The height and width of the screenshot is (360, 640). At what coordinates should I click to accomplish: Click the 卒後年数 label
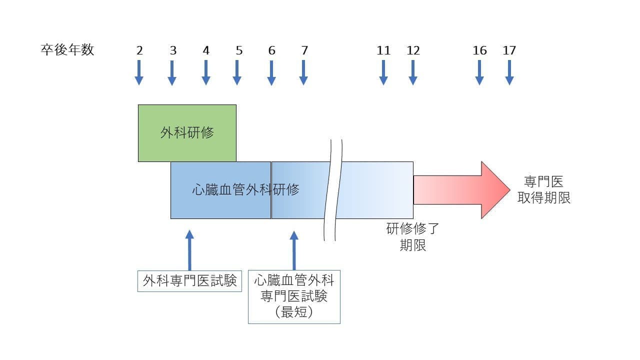67,50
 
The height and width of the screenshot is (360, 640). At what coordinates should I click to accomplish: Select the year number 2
139,50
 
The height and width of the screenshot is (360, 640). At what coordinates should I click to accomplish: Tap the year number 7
304,50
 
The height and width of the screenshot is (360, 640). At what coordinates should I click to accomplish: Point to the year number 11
383,50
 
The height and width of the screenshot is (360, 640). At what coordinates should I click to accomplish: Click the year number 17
509,50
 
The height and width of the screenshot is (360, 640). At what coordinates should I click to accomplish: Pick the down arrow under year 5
237,72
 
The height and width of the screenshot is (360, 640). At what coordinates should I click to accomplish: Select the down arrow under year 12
413,72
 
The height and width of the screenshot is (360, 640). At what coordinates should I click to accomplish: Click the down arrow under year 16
479,72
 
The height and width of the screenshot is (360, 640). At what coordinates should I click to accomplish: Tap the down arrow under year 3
172,72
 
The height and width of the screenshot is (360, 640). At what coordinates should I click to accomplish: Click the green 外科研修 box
187,133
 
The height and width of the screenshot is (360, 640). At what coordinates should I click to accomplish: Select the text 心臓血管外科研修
245,190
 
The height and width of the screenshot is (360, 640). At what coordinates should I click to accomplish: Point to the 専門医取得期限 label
543,190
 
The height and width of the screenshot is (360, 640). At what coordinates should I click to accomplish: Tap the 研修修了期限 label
412,237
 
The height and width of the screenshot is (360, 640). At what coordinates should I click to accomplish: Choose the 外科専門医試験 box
189,281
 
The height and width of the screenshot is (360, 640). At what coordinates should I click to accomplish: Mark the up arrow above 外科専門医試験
189,250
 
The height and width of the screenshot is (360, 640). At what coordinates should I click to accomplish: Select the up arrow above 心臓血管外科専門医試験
294,250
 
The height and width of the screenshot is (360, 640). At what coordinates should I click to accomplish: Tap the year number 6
271,50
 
